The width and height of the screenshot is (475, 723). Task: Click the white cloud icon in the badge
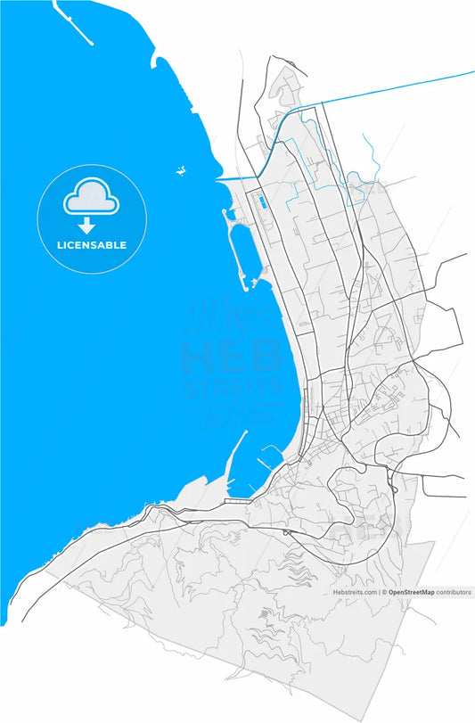(90, 198)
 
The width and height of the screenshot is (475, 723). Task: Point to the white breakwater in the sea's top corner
(72, 22)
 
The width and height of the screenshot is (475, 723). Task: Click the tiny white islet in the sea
(181, 170)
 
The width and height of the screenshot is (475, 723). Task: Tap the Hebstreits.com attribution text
(355, 592)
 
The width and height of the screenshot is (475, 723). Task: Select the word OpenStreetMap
(411, 592)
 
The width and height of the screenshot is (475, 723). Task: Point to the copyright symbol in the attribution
(384, 592)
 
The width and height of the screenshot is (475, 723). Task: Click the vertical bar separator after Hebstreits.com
(378, 592)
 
